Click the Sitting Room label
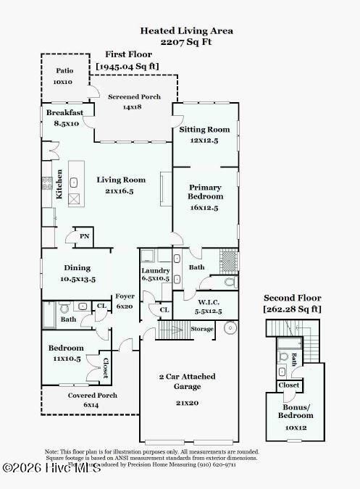(204, 130)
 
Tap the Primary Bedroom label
(205, 192)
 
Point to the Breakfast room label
(65, 113)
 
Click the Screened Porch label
(135, 97)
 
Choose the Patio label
(63, 71)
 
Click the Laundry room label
(155, 271)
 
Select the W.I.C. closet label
(193, 301)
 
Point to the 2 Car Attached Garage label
(187, 382)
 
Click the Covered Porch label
(93, 396)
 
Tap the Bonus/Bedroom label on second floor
(296, 411)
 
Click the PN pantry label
(84, 237)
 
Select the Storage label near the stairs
(202, 329)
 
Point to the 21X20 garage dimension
(187, 403)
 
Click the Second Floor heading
(292, 298)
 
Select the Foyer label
(125, 296)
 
